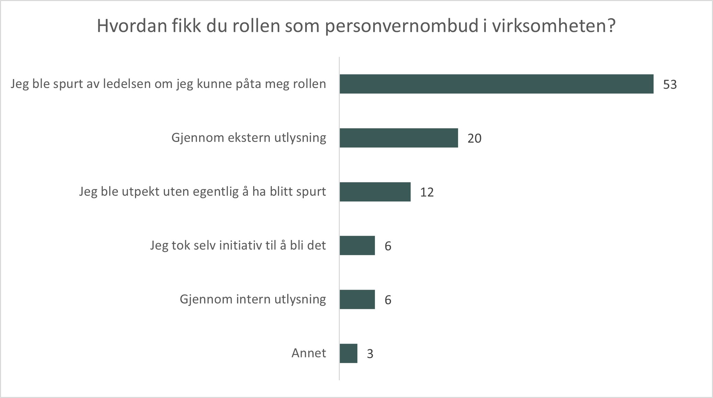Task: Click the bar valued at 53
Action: click(x=496, y=84)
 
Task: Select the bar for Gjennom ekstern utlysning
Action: click(x=399, y=138)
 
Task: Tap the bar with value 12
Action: click(x=375, y=192)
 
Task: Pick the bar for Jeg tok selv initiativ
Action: click(x=357, y=245)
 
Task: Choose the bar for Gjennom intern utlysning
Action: click(x=357, y=299)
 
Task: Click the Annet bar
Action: click(x=348, y=353)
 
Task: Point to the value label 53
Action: click(x=670, y=85)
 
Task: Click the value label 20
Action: click(x=474, y=139)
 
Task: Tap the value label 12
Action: click(x=427, y=192)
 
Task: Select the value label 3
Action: click(x=370, y=354)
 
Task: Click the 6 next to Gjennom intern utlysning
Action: click(x=388, y=300)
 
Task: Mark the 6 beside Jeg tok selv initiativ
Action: click(x=388, y=246)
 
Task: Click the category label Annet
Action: click(x=309, y=353)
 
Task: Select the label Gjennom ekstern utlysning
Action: click(x=248, y=137)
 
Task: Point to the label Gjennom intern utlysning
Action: click(x=253, y=299)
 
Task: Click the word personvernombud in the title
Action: click(x=402, y=26)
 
